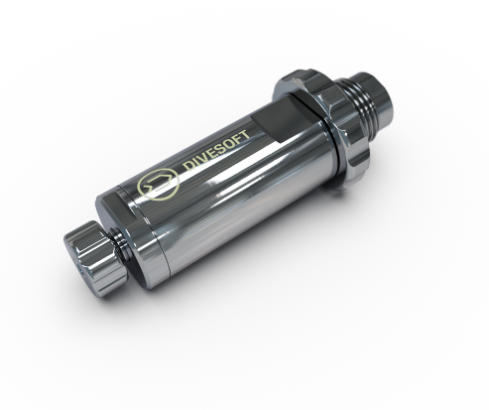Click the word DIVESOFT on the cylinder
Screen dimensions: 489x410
216,150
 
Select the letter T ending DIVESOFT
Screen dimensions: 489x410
244,135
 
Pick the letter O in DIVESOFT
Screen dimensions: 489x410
228,144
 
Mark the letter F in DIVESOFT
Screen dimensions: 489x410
236,139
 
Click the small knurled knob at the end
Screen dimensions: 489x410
93,259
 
